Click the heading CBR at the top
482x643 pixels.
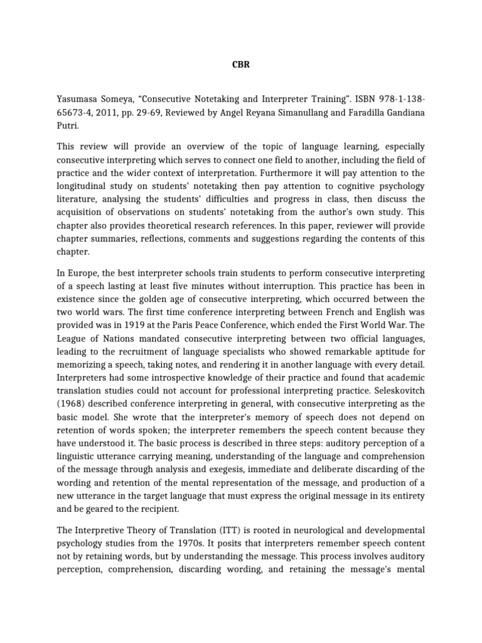[x=242, y=64]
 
